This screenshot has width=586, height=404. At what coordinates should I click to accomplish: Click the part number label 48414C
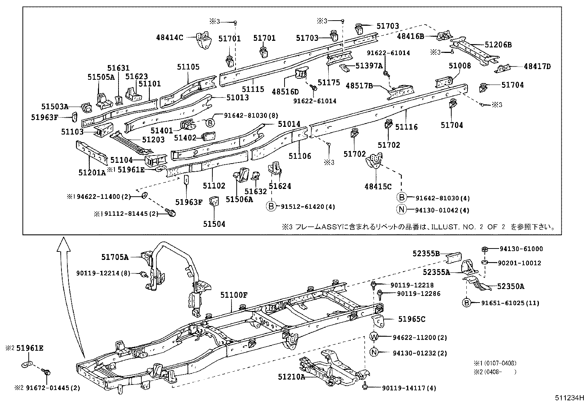(x=169, y=37)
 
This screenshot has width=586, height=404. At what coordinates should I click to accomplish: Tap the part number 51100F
(x=234, y=295)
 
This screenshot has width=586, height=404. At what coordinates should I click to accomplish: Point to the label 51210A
(x=292, y=377)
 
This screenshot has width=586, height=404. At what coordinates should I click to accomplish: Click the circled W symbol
(x=374, y=337)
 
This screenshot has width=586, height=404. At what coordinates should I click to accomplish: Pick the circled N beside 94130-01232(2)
(x=374, y=353)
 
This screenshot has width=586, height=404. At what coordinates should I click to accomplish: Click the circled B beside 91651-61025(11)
(x=467, y=303)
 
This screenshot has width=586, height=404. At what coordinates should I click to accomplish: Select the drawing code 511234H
(x=569, y=398)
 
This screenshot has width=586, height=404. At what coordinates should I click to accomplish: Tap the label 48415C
(x=378, y=186)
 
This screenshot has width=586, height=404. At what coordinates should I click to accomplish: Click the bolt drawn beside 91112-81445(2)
(x=171, y=212)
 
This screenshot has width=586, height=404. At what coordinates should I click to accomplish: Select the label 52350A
(x=511, y=286)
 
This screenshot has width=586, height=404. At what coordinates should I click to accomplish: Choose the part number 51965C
(x=412, y=319)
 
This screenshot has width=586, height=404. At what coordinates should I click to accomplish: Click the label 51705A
(x=115, y=257)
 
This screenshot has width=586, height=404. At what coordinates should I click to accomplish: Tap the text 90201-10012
(x=519, y=263)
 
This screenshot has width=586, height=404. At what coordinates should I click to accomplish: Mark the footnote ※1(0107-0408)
(x=495, y=363)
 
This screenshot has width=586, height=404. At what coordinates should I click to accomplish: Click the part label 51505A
(x=101, y=76)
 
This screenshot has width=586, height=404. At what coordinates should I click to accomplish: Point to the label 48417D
(x=537, y=67)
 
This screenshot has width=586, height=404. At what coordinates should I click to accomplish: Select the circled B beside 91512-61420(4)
(x=271, y=206)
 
